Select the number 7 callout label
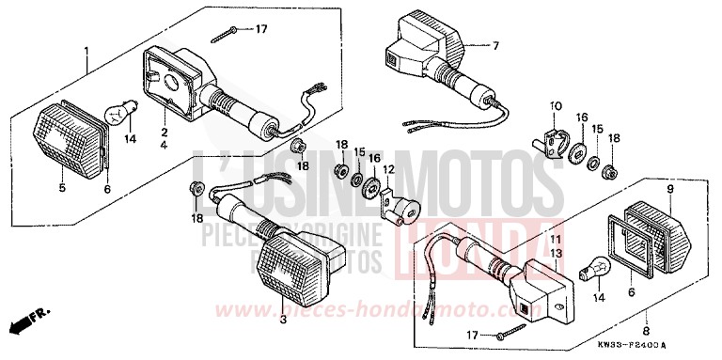[x=496, y=45]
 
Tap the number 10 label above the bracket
[x=555, y=105]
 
